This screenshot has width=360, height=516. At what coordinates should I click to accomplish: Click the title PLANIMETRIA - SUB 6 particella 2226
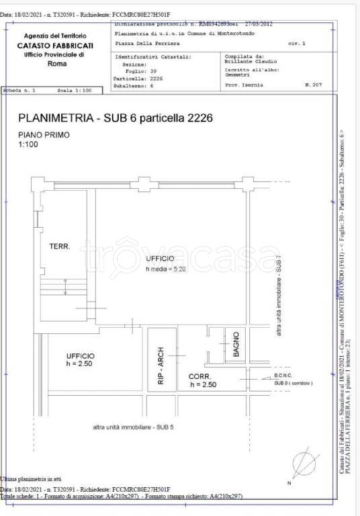115,118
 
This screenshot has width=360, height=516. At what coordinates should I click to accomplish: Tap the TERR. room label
60,247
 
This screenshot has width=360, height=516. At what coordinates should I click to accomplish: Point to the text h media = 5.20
165,269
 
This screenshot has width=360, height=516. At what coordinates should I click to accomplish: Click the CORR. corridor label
200,376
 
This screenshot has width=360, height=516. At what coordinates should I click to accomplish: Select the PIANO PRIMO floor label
43,134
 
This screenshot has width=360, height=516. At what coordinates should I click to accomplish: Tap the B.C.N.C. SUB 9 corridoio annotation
293,379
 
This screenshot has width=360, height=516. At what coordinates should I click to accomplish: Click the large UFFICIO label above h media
159,259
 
